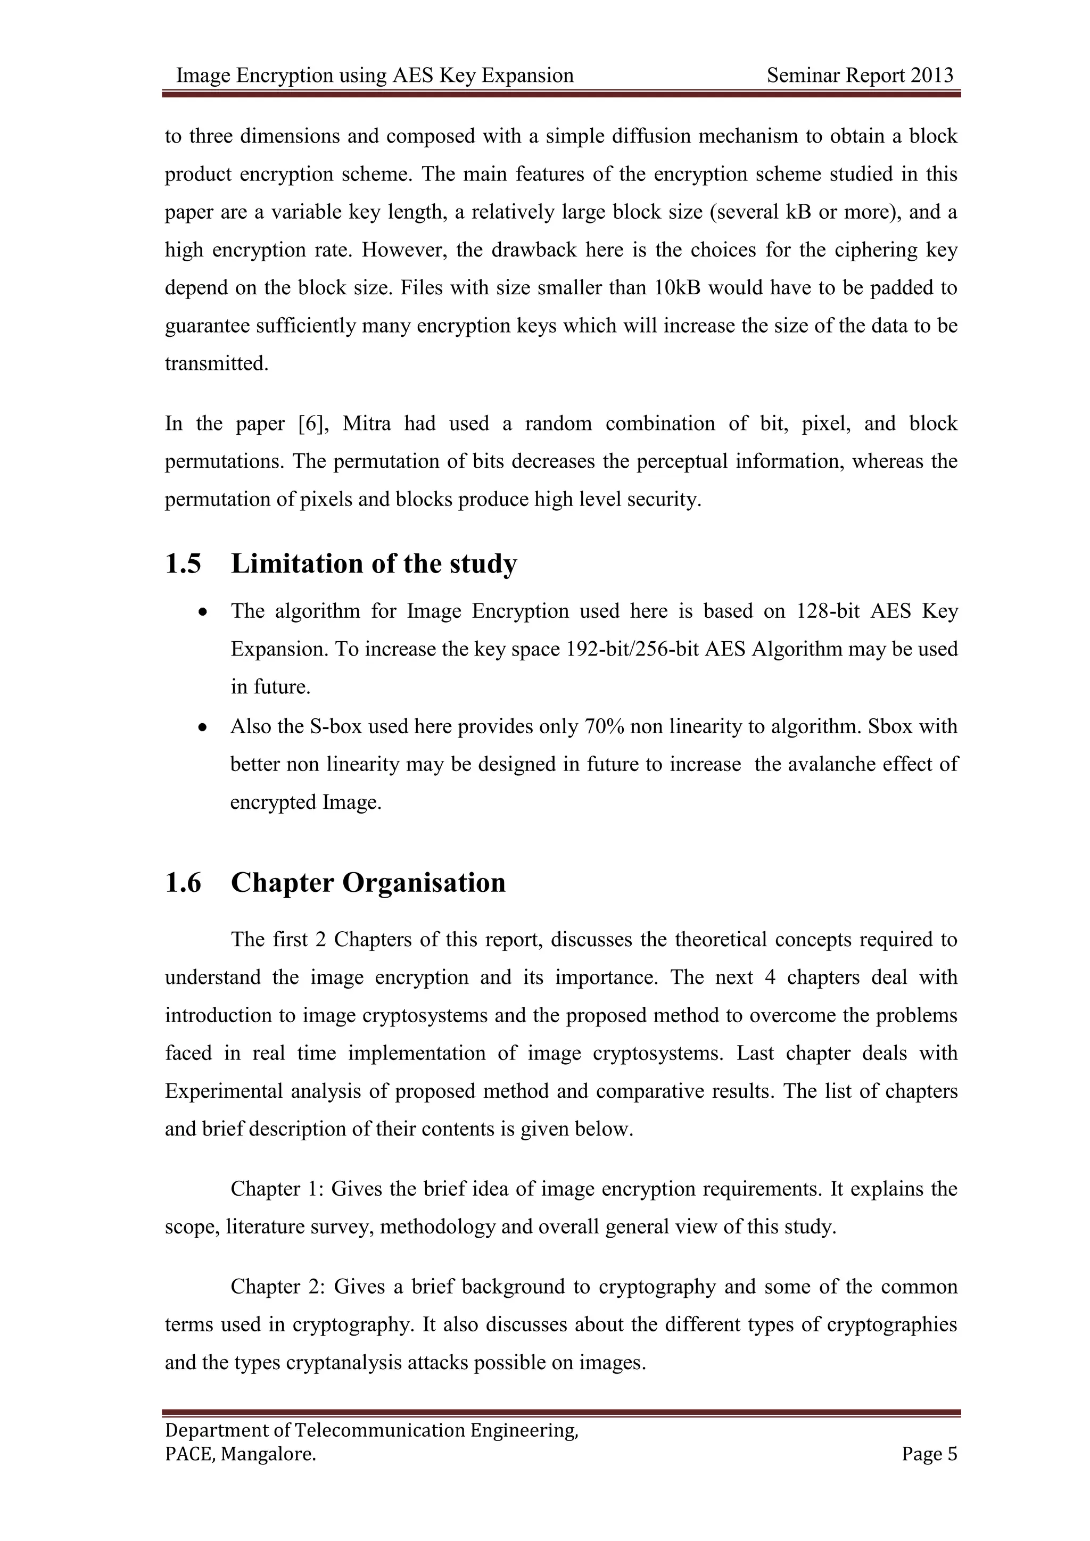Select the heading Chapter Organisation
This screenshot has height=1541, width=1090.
point(368,882)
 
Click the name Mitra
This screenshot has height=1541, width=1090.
point(367,424)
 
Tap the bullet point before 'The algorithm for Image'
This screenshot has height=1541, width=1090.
point(202,612)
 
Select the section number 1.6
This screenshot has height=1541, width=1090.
point(183,882)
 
